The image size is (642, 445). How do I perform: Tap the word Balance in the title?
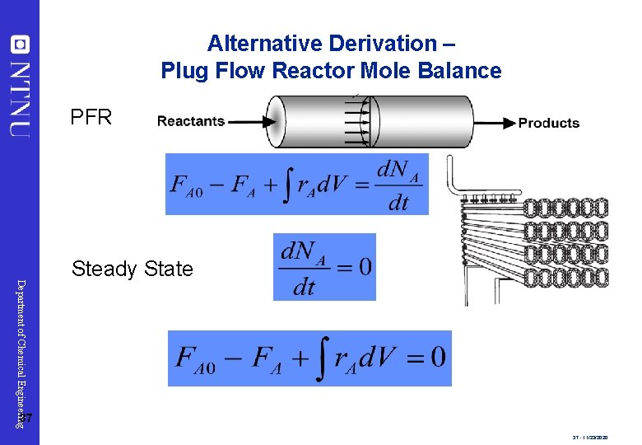(464, 71)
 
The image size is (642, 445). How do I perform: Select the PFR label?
(91, 117)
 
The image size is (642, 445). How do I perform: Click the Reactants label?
(191, 121)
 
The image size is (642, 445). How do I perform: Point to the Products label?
(548, 124)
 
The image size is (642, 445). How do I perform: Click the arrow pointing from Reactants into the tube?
(251, 121)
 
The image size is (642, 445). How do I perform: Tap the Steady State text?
(132, 269)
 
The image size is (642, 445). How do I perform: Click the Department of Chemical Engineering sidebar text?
(21, 350)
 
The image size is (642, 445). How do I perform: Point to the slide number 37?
(26, 420)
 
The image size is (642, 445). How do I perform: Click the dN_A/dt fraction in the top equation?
(398, 185)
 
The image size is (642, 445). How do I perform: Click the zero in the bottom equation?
(437, 357)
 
